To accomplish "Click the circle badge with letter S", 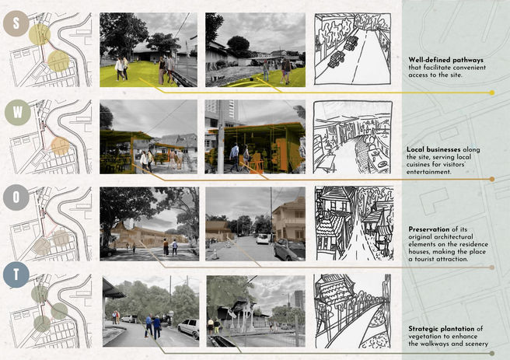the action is pos(16,23).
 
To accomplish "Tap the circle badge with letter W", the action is pos(18,113).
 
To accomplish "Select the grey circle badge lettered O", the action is pos(16,197).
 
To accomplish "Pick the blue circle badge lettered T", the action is pos(16,274).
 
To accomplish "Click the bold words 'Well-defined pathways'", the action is pos(446,60).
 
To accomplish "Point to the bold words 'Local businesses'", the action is pos(434,149).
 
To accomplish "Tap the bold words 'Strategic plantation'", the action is pos(442,329).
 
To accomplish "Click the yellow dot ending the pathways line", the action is pos(492,93).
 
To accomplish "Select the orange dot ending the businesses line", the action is pos(492,179).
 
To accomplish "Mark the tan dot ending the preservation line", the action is pos(492,267).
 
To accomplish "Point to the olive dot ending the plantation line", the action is pos(492,353).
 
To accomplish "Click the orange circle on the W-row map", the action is pos(60,146).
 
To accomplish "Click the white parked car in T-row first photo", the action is pos(188,328).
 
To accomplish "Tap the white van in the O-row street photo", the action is pos(263,239).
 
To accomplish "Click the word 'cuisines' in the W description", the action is pos(419,165).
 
